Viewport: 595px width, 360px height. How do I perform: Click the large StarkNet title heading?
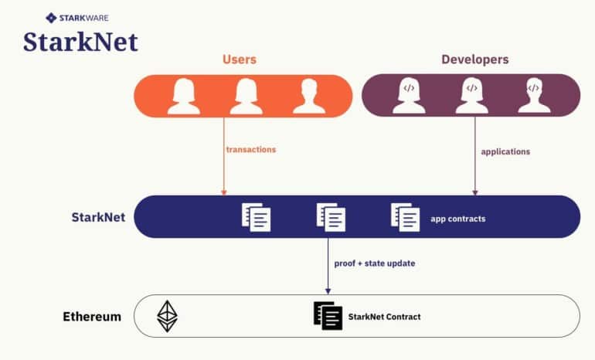coord(80,42)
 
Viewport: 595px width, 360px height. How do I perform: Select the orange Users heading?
coord(240,59)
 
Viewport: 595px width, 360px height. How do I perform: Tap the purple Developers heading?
coord(474,59)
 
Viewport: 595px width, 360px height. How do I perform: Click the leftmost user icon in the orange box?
coord(184,96)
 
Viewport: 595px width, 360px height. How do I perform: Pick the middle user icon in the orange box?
coord(246,96)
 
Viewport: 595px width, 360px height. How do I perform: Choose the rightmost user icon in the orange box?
coord(308,96)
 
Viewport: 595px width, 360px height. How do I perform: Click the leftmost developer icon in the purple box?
coord(409,96)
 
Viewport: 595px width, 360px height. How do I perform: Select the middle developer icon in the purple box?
coord(471,96)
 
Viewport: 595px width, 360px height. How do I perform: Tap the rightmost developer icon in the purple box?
coord(534,96)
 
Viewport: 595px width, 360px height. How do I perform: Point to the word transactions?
coord(250,149)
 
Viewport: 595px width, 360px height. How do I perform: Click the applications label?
coord(505,151)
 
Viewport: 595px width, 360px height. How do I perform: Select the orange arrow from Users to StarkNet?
coord(223,155)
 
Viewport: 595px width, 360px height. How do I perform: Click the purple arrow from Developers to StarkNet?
coord(474,155)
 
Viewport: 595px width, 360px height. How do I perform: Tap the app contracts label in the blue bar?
coord(458,219)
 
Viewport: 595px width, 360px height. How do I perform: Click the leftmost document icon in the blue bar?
coord(257,216)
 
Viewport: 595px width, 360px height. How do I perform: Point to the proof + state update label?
coord(374,263)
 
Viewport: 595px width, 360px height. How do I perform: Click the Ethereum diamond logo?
coord(168,315)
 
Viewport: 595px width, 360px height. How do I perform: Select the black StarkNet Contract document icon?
coord(328,315)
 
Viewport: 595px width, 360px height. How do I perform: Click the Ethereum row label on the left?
coord(92,316)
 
